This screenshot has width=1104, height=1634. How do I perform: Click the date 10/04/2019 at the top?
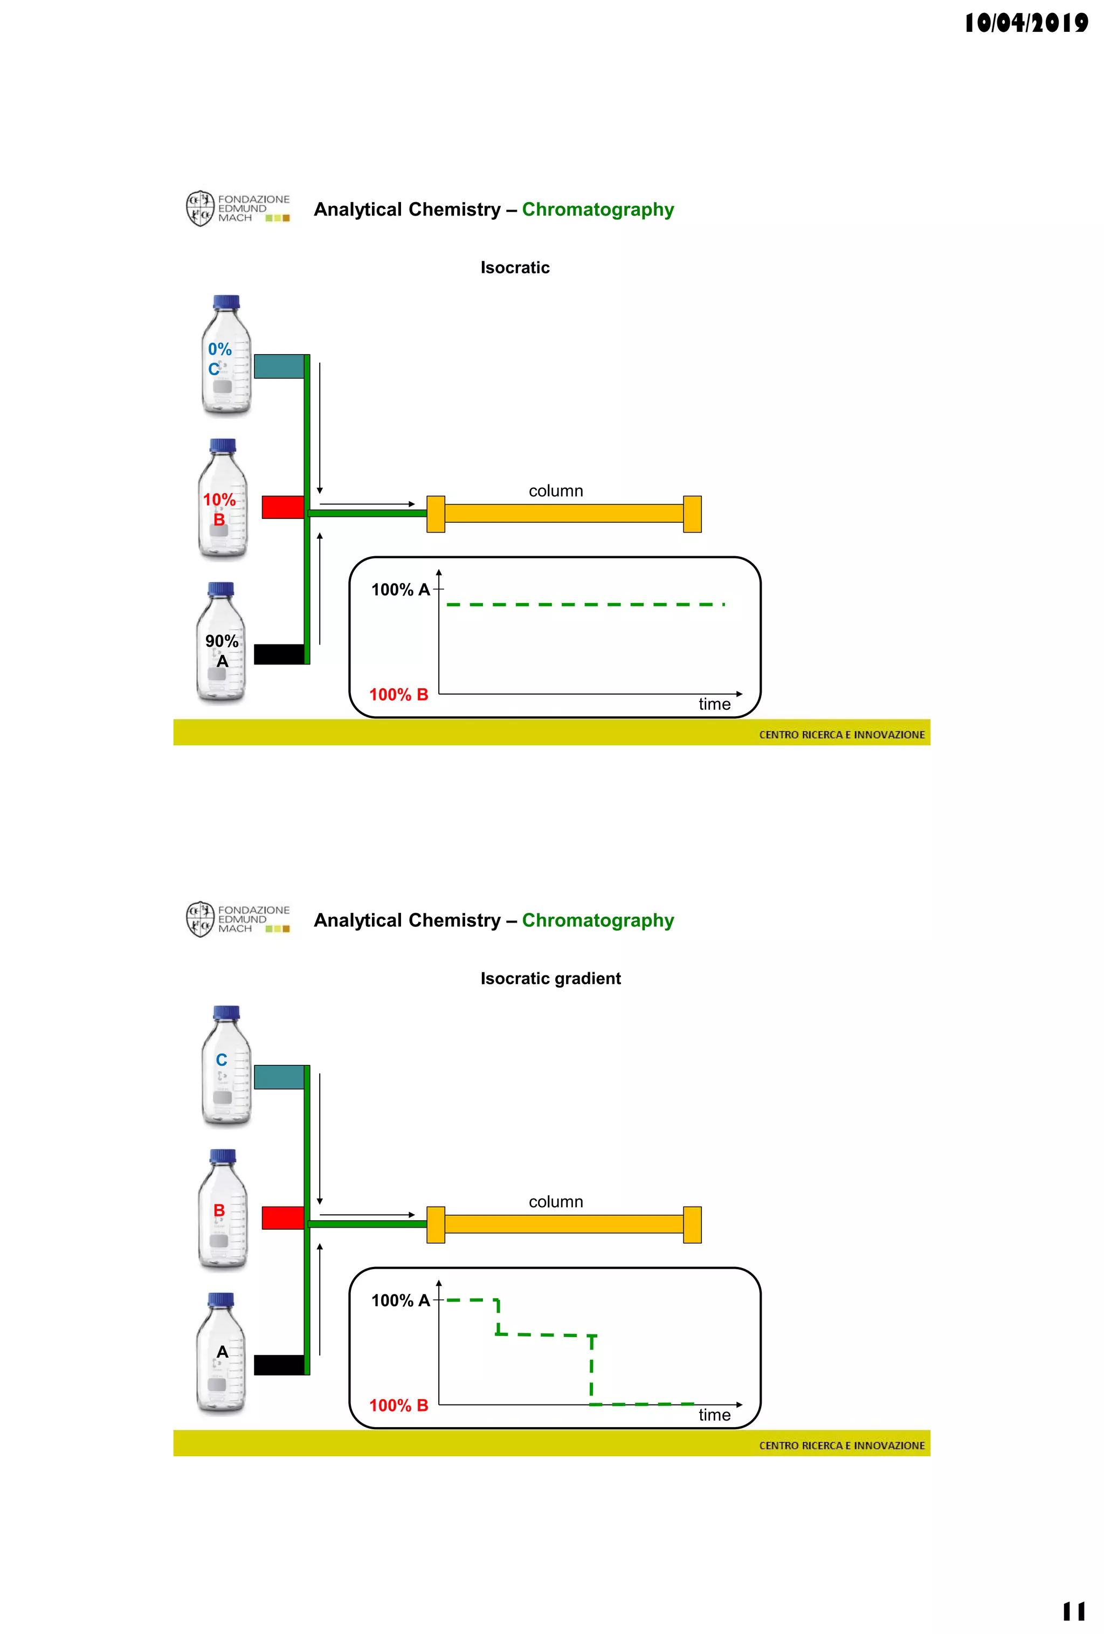pyautogui.click(x=1025, y=23)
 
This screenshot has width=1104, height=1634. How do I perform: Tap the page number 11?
pyautogui.click(x=1073, y=1611)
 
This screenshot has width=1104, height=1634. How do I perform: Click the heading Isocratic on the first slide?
pyautogui.click(x=515, y=267)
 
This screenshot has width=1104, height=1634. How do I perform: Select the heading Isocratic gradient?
pyautogui.click(x=550, y=978)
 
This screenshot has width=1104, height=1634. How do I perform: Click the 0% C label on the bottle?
pyautogui.click(x=219, y=358)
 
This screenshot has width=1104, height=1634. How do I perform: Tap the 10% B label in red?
pyautogui.click(x=219, y=509)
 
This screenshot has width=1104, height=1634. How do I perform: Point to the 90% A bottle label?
pyautogui.click(x=222, y=650)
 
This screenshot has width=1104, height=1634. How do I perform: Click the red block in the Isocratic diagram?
pyautogui.click(x=282, y=507)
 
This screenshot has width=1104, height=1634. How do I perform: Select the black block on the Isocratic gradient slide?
pyautogui.click(x=279, y=1365)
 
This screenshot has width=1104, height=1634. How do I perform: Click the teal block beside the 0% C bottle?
pyautogui.click(x=279, y=366)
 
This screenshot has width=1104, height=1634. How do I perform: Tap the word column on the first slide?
pyautogui.click(x=556, y=491)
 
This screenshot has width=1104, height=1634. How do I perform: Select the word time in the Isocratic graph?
pyautogui.click(x=714, y=704)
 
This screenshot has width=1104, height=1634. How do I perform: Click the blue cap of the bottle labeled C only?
pyautogui.click(x=226, y=1013)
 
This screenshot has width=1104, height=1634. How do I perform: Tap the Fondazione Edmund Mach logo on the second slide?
pyautogui.click(x=238, y=919)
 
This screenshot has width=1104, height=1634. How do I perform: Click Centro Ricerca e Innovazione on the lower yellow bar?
pyautogui.click(x=841, y=1445)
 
